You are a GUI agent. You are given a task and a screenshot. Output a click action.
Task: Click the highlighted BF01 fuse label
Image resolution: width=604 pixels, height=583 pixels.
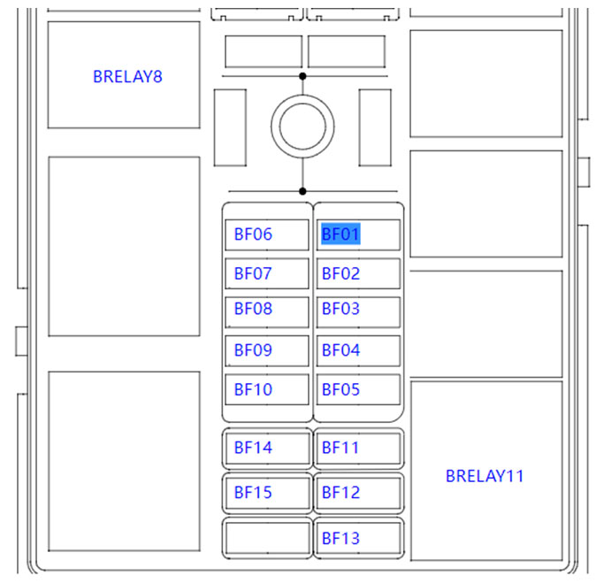[340, 234]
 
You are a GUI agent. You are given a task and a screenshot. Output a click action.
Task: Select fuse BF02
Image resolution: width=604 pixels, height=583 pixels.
[340, 273]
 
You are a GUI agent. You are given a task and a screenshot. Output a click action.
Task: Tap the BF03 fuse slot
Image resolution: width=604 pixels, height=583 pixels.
[340, 309]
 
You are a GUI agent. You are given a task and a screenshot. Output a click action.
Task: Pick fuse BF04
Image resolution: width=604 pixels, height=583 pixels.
[340, 350]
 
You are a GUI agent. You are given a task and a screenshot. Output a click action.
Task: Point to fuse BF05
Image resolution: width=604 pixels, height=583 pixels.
[340, 389]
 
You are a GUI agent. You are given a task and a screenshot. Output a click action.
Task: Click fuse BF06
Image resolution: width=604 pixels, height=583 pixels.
[253, 234]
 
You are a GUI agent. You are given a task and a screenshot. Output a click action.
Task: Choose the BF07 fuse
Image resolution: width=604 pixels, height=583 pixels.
[253, 273]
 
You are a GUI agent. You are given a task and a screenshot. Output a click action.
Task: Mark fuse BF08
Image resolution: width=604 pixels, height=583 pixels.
[253, 309]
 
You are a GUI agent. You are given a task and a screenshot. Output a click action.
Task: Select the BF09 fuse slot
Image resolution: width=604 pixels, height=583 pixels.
[253, 350]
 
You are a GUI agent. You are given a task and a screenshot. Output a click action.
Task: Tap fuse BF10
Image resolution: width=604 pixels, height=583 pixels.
[253, 389]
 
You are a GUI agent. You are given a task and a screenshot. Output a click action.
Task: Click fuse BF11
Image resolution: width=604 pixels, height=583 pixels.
[340, 448]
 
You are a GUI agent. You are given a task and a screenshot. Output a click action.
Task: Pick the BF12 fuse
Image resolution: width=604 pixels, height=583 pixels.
[340, 493]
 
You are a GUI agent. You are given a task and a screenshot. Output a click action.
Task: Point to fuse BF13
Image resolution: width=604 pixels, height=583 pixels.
[340, 538]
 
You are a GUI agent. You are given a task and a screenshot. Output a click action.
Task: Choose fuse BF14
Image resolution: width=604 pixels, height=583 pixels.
[253, 448]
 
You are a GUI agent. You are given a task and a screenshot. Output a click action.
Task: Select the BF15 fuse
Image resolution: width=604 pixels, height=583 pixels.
[253, 493]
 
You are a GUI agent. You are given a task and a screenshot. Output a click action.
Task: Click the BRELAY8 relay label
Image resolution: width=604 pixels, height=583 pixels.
[127, 76]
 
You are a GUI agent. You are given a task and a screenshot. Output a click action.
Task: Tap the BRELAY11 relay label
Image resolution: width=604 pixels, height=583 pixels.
[485, 476]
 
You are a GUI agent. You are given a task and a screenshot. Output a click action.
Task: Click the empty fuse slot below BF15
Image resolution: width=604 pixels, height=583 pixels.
[266, 538]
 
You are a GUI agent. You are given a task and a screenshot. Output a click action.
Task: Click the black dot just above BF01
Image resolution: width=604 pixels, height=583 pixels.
[302, 191]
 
